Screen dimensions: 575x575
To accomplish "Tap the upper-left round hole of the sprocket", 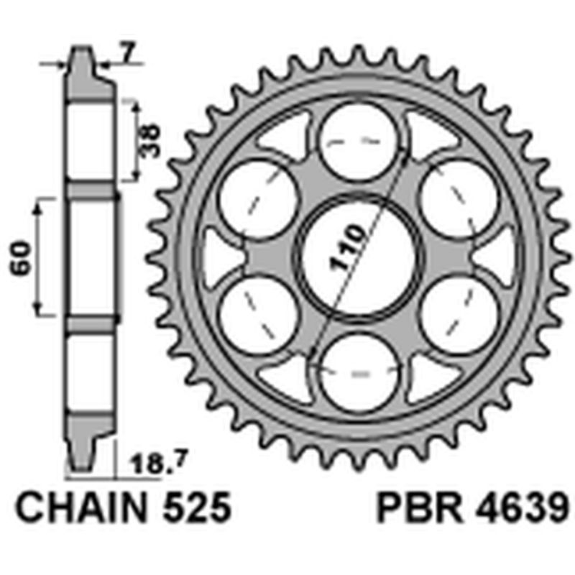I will click(x=257, y=198).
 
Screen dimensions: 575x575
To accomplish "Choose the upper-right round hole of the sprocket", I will click(x=459, y=198).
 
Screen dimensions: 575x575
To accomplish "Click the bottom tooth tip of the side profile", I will click(x=80, y=466).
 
